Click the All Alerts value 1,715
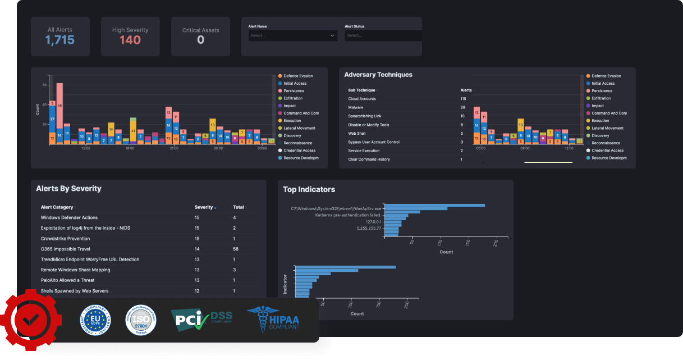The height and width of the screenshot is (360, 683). point(60,40)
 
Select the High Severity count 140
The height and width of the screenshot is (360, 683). point(130,40)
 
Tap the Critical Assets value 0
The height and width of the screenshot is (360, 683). point(200,40)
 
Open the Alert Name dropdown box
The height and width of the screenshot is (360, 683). point(292,35)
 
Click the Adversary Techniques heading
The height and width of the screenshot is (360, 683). point(378,75)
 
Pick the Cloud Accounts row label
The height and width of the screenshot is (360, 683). point(362,99)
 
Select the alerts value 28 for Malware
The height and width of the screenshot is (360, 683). point(463,107)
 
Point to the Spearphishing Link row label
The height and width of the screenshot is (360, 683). point(365,116)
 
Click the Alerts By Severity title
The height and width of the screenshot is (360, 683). point(68,189)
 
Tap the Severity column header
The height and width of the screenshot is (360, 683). point(204,207)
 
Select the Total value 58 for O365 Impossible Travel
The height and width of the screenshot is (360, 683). point(236,249)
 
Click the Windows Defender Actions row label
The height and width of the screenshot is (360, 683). point(69,217)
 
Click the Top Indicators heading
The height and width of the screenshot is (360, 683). point(309,190)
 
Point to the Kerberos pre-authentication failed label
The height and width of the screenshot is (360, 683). point(348,215)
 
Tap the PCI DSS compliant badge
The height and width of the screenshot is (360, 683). point(201,319)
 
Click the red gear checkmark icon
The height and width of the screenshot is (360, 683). point(30,320)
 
